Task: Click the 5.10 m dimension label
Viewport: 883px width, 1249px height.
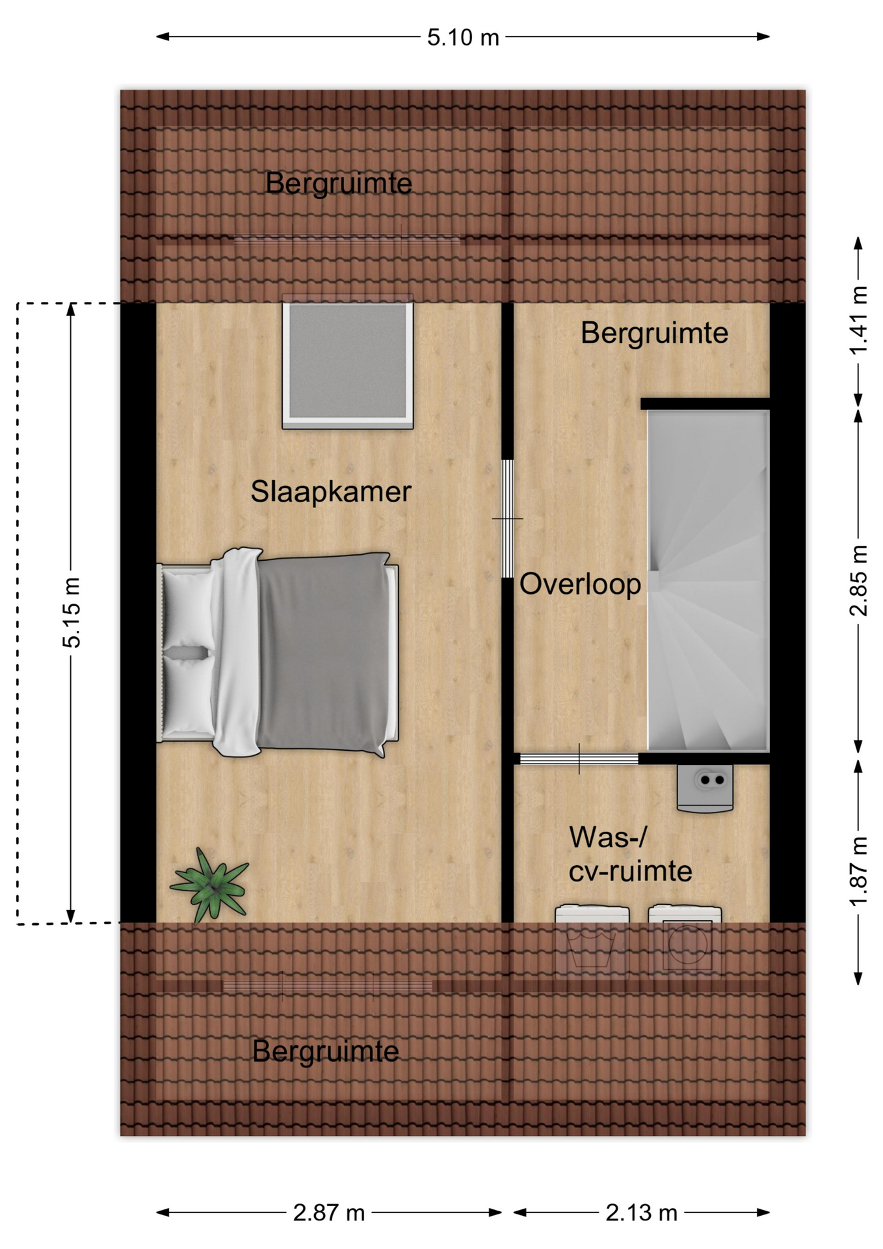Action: [463, 37]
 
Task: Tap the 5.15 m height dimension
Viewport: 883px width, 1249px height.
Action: [72, 612]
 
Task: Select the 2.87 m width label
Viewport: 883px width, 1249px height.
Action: [329, 1213]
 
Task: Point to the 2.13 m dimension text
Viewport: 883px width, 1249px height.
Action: [642, 1213]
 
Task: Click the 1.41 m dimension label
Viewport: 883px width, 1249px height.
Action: [858, 320]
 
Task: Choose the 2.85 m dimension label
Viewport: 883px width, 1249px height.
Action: [858, 580]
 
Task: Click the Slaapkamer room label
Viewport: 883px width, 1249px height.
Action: [331, 492]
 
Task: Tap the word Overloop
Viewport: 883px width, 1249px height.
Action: [580, 584]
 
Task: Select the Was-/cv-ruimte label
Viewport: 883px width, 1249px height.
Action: [630, 854]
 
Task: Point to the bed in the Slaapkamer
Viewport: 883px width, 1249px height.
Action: [278, 652]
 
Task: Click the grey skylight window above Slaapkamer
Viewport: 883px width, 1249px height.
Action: [348, 362]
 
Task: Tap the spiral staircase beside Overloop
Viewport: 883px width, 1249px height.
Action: [708, 581]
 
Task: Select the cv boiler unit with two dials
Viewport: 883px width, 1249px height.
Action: [705, 788]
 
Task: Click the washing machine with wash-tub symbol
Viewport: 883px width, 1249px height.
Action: [592, 939]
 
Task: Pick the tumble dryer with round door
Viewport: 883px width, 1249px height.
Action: [685, 939]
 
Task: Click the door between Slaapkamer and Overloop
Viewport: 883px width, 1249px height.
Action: [507, 518]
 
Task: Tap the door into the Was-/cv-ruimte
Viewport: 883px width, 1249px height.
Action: [579, 759]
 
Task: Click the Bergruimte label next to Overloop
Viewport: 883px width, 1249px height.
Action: [654, 333]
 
